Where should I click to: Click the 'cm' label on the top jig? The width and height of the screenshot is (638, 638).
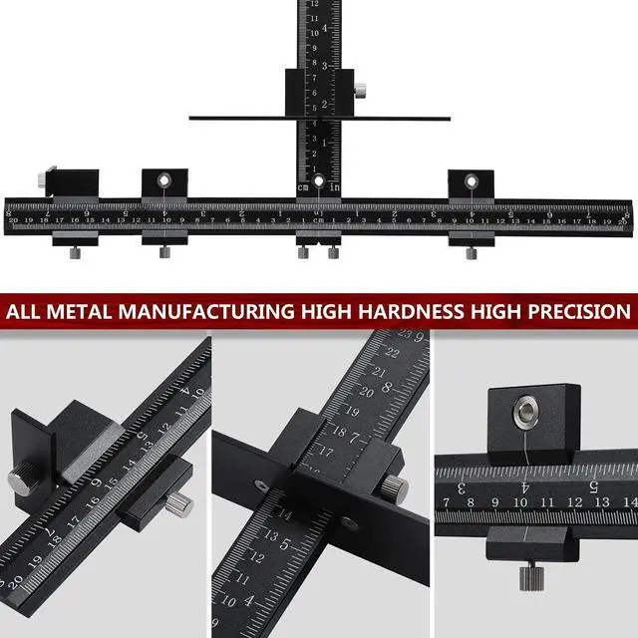coord(303,186)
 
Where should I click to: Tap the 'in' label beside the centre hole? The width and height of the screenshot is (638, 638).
coord(334,186)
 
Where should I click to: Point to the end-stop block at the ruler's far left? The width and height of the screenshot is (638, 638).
coord(70,181)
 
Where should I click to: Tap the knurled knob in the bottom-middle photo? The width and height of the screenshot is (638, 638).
coord(395,487)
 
